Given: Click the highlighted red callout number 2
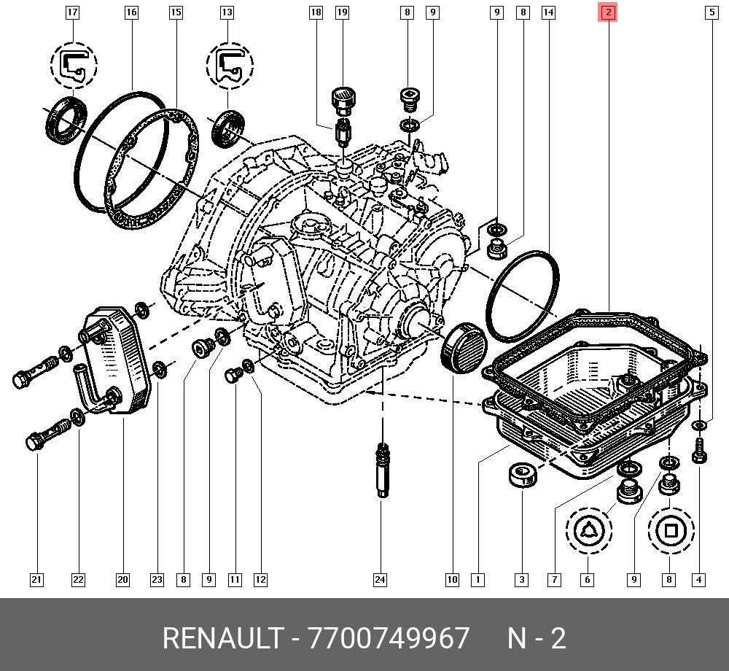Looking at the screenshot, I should pyautogui.click(x=607, y=12).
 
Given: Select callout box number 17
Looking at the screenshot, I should pyautogui.click(x=72, y=12).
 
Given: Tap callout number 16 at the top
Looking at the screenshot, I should pyautogui.click(x=131, y=12).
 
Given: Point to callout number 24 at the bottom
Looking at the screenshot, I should pyautogui.click(x=380, y=580).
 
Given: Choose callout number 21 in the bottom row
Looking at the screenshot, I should pyautogui.click(x=36, y=580).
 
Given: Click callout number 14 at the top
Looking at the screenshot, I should pyautogui.click(x=548, y=12).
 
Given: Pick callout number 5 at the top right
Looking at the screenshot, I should pyautogui.click(x=710, y=12).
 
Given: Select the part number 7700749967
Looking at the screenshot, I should pyautogui.click(x=389, y=638).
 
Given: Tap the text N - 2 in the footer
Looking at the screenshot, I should pyautogui.click(x=537, y=638).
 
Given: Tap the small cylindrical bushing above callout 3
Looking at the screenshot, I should pyautogui.click(x=523, y=475).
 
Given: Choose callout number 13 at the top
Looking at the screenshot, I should pyautogui.click(x=227, y=12).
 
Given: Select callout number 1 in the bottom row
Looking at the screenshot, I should pyautogui.click(x=477, y=580).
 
